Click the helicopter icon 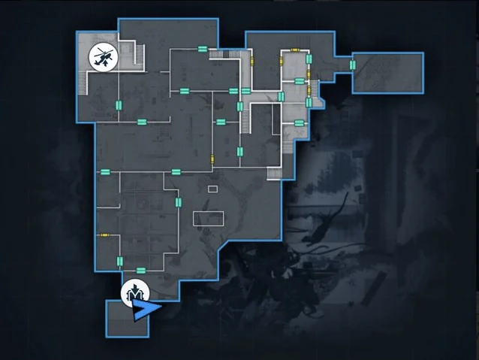coord(103,56)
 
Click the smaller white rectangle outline coord(212,188)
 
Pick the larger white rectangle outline coord(208,218)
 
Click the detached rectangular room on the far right coord(387,72)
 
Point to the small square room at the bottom coord(127,318)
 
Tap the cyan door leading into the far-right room coord(352,65)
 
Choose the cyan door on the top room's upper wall coord(202,49)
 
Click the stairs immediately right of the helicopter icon coord(137,55)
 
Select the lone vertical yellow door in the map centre coord(212,159)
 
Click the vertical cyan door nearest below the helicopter coord(117,104)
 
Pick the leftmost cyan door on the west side coord(104,172)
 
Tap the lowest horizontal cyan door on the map coord(140,270)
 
